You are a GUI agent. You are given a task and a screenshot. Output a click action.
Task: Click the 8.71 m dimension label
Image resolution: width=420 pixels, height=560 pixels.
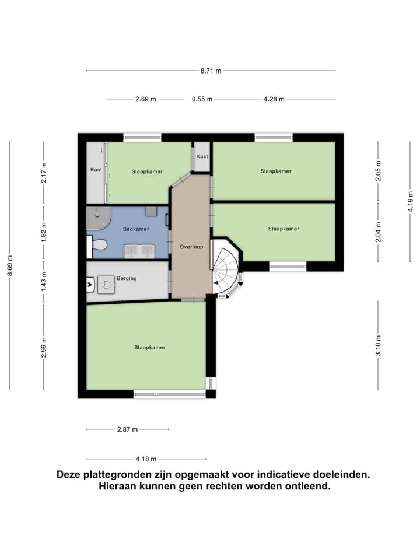[x=211, y=71]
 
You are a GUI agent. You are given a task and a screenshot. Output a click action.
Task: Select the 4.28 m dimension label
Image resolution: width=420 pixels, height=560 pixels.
[x=274, y=99]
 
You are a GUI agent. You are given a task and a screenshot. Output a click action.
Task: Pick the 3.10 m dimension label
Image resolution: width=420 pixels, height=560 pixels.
[x=378, y=345]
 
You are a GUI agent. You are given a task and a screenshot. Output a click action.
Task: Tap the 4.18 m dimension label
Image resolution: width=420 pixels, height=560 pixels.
[x=145, y=459]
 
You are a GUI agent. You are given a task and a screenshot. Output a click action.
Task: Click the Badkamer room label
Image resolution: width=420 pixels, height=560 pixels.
[x=135, y=229]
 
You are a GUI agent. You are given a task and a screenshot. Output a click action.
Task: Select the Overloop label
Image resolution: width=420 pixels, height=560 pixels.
[x=191, y=247]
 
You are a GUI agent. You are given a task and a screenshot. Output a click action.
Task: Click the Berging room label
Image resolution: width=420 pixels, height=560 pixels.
[x=127, y=278]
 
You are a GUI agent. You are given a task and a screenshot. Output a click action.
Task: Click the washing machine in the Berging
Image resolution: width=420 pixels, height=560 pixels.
[x=106, y=285]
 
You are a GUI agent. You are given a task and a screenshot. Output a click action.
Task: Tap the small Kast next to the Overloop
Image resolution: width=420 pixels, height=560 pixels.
[x=202, y=157]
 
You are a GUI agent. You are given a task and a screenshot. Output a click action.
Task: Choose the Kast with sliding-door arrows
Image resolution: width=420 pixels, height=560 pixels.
[x=96, y=170]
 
